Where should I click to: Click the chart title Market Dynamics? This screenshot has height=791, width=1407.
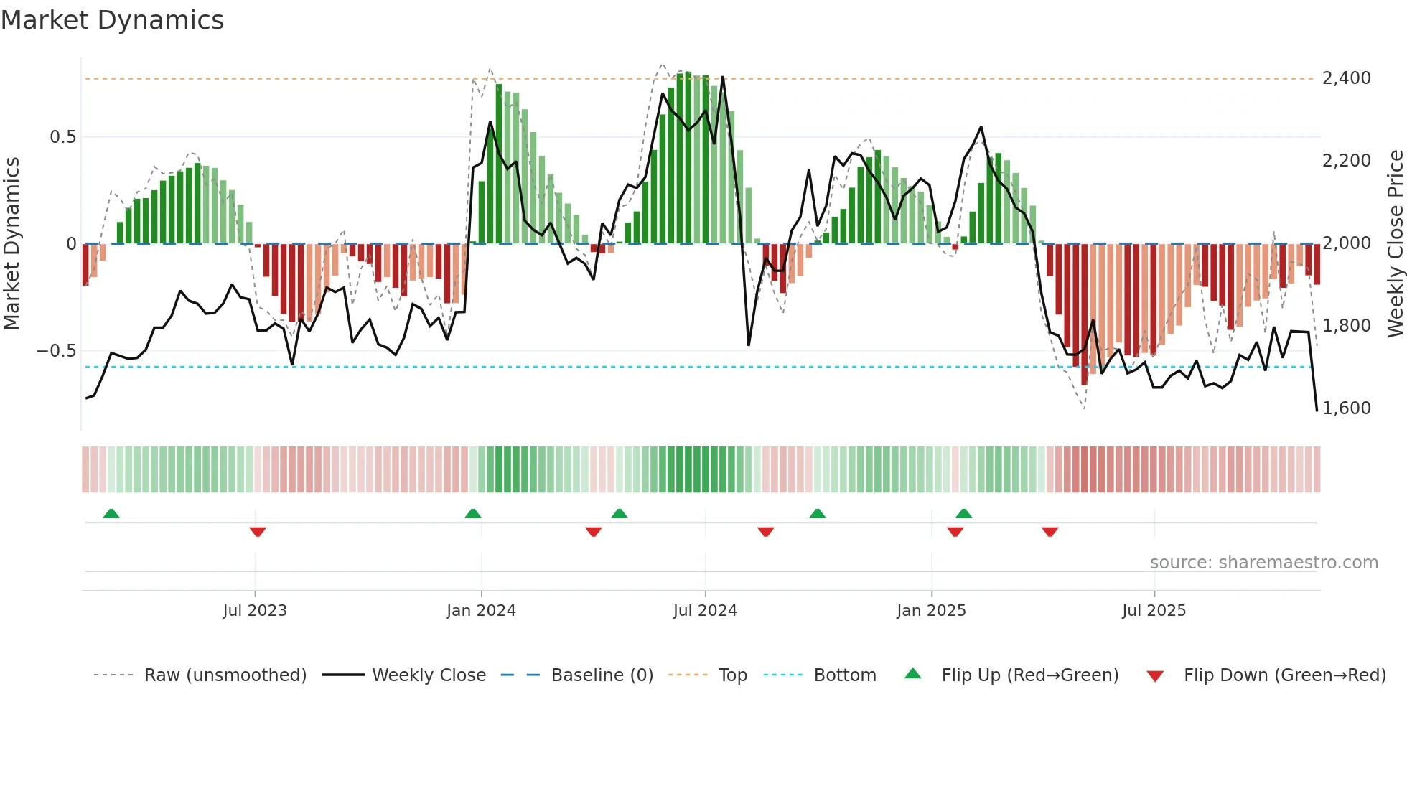112,20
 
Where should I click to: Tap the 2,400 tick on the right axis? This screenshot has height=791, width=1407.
1346,78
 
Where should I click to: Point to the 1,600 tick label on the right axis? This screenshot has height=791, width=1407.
1346,408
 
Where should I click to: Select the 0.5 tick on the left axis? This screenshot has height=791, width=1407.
62,137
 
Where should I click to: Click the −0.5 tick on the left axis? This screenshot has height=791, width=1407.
56,351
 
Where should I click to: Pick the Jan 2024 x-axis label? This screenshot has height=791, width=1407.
481,611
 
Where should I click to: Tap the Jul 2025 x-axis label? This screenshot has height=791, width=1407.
1154,611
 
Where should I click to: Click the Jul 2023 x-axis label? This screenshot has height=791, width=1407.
255,611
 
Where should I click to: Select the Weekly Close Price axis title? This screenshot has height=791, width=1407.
1395,243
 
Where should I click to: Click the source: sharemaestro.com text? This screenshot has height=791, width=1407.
1263,563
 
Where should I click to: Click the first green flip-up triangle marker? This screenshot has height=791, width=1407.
111,513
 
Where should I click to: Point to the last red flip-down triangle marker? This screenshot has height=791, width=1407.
1050,532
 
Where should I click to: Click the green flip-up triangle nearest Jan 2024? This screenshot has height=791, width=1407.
472,513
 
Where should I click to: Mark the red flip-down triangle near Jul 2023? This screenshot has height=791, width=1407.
258,532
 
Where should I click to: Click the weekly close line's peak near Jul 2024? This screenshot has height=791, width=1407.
722,78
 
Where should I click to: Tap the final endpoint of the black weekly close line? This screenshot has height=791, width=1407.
1317,411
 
